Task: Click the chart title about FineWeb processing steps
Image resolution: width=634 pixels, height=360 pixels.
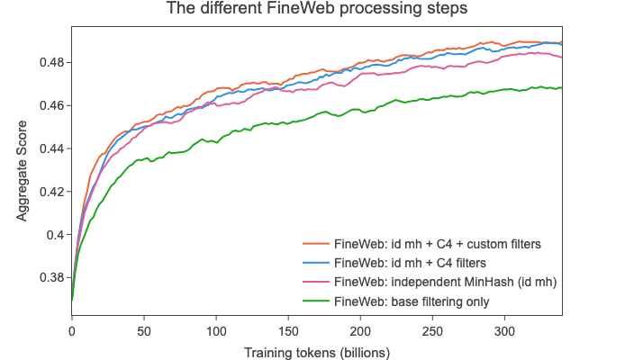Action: (x=317, y=11)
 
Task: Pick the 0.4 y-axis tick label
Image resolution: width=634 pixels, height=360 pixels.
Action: (x=57, y=235)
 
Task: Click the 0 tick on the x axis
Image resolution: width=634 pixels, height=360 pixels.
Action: (x=72, y=330)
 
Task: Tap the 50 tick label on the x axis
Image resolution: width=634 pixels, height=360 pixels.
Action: (x=144, y=330)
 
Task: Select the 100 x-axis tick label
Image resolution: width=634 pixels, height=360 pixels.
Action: (x=216, y=330)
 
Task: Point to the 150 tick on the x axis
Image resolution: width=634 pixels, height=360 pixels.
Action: (x=288, y=330)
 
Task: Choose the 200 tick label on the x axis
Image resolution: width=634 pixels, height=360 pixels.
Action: (x=360, y=330)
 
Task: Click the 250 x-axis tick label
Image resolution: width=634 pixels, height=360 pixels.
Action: (x=432, y=330)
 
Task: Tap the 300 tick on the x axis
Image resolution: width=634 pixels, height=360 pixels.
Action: (x=504, y=330)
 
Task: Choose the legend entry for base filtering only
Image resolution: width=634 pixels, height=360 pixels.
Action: (x=412, y=301)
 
